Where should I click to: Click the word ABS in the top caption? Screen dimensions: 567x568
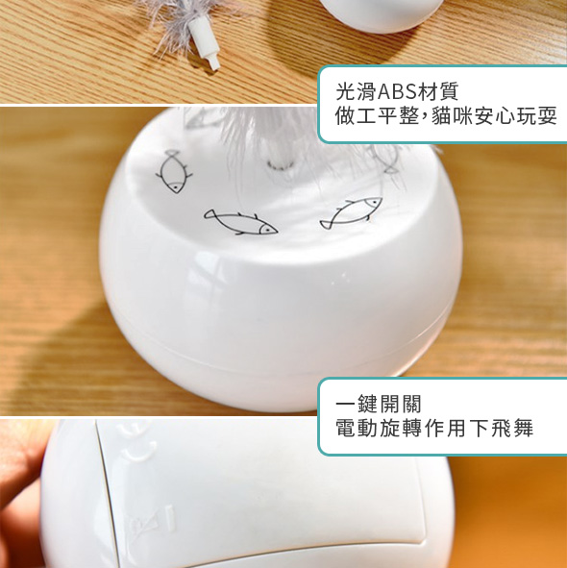[397, 91]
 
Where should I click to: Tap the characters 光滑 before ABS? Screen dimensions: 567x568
[357, 91]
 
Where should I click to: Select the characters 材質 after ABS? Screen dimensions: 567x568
[438, 91]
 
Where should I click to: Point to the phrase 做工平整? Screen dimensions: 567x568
[377, 116]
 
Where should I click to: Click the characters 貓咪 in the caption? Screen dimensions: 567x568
[452, 116]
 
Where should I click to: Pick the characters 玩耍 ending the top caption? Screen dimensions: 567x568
[536, 116]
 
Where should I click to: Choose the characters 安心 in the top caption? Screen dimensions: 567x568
[495, 116]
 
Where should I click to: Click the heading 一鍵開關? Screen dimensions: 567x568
[379, 404]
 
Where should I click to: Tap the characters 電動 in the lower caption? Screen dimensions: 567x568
[357, 429]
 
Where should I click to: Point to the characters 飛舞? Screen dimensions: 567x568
[512, 429]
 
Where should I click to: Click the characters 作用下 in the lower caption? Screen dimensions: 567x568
[456, 429]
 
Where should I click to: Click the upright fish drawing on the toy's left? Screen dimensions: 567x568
[174, 171]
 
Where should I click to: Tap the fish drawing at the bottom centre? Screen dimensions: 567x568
[240, 221]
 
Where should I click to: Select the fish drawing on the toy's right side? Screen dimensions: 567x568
[351, 213]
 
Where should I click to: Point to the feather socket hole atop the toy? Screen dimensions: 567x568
[281, 164]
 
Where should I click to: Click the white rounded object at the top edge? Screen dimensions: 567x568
[382, 15]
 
